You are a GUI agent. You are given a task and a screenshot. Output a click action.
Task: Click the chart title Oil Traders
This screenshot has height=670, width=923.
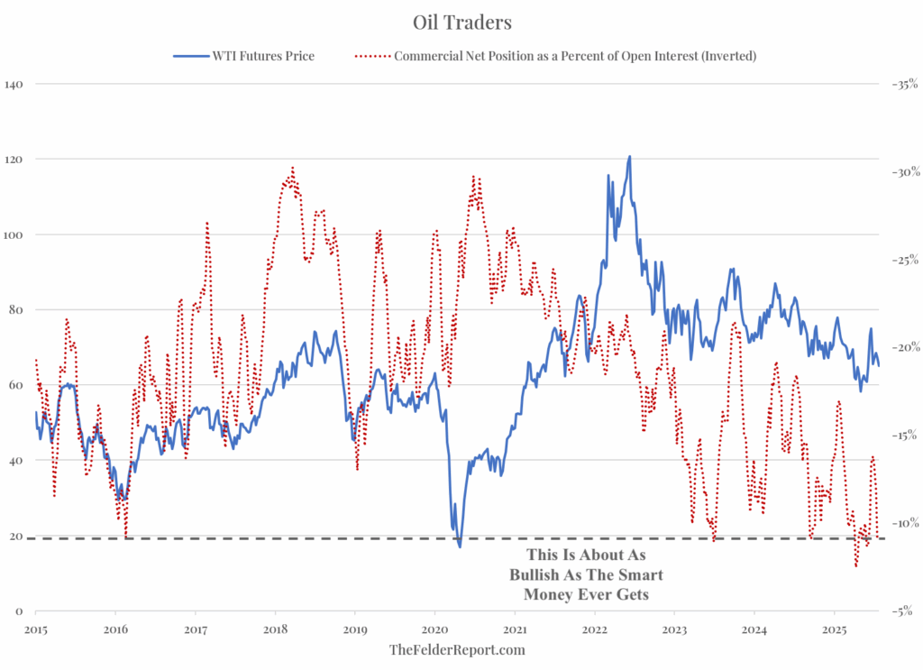click(x=461, y=21)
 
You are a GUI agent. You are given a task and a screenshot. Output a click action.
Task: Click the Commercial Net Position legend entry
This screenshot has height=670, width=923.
click(x=575, y=56)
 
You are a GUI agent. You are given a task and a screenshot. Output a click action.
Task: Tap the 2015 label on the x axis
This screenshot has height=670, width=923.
click(x=36, y=628)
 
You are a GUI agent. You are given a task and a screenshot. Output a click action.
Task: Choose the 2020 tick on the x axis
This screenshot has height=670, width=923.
click(x=434, y=628)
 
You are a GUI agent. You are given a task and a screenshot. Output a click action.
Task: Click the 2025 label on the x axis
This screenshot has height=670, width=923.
click(x=834, y=628)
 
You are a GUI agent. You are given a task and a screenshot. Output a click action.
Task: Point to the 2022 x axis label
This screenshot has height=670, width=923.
click(x=594, y=628)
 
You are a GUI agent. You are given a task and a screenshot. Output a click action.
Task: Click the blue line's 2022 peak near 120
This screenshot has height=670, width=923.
click(x=629, y=156)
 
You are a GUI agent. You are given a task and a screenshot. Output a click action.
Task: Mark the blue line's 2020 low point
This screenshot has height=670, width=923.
click(x=460, y=546)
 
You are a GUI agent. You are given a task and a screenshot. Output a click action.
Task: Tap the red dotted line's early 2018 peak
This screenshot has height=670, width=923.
click(x=293, y=168)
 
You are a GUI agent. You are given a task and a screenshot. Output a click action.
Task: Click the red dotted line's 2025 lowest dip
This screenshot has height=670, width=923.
click(x=855, y=565)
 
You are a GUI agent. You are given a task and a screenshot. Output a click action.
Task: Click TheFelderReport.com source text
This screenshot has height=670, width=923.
click(x=457, y=649)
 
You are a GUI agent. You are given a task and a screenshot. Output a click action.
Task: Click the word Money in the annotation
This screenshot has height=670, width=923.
click(x=547, y=594)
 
